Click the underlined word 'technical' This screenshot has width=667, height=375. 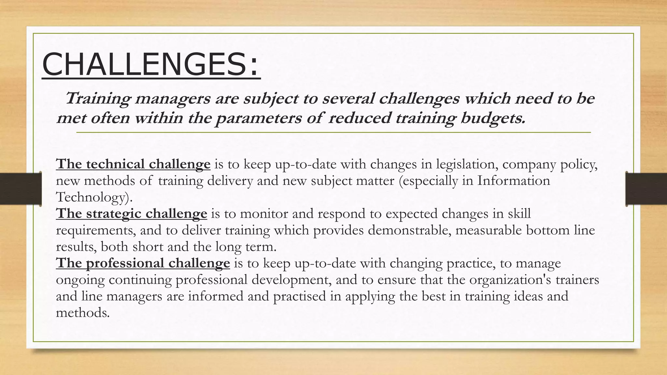(116, 164)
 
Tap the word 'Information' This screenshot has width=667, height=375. (514, 181)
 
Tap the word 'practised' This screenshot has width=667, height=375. (299, 296)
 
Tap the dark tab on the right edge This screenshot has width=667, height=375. (646, 189)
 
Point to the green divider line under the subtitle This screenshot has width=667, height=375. (333, 132)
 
